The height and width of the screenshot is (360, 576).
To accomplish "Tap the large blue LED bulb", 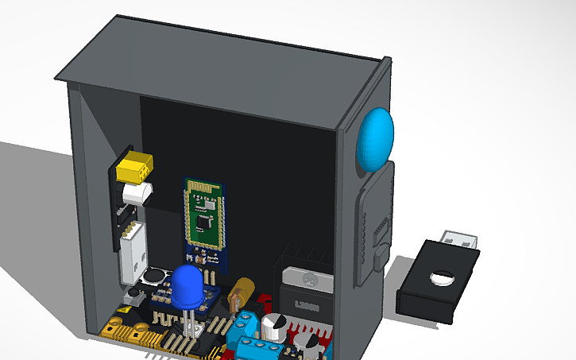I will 188,285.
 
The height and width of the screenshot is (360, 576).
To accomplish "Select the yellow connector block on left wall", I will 134,168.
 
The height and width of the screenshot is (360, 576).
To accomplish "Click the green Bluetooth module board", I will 203,215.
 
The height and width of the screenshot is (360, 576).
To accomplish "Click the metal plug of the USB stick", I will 460,239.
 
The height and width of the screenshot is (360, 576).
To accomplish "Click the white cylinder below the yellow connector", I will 136,193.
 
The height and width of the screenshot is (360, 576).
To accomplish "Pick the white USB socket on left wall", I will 131,253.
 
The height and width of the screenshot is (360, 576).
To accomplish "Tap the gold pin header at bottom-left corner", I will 119,329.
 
